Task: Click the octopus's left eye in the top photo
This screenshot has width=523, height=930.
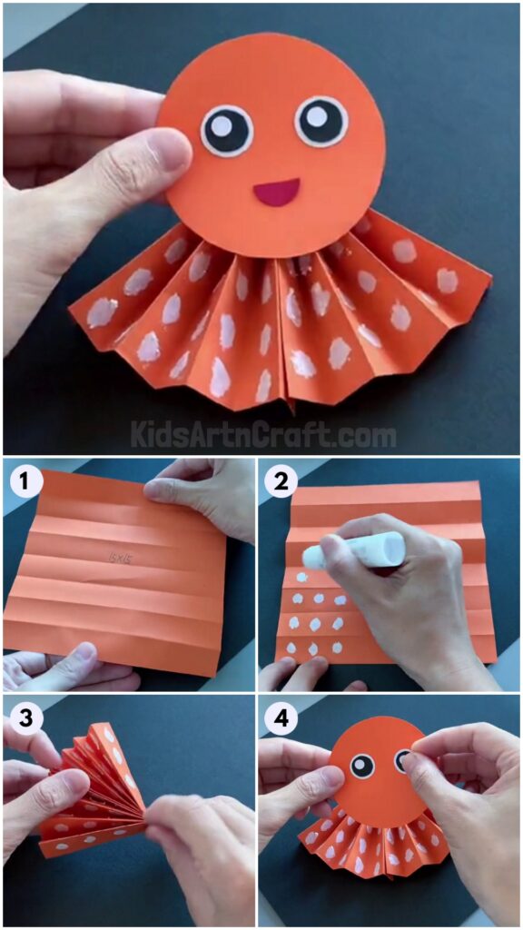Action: [x=227, y=130]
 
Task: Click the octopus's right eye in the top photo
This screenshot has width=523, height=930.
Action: [x=321, y=121]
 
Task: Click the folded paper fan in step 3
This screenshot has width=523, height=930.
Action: [x=95, y=790]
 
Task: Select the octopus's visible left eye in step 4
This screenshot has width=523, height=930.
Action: [x=361, y=766]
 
